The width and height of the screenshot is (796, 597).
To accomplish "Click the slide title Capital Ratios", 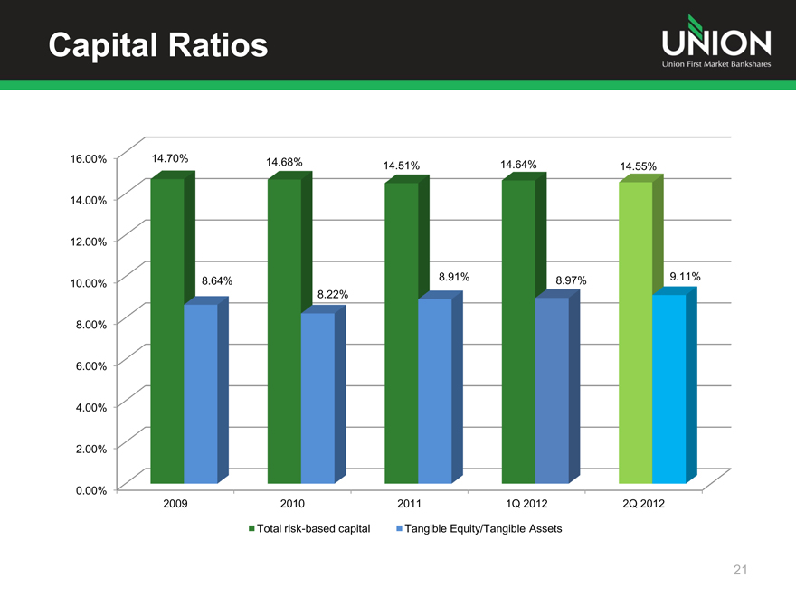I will click(x=158, y=44).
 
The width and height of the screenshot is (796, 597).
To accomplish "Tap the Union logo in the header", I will click(x=715, y=43).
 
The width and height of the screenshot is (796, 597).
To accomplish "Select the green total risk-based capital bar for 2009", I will click(x=167, y=330).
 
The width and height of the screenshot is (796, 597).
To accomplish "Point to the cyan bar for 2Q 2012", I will click(x=668, y=388).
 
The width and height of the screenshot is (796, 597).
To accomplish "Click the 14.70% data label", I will click(x=170, y=159).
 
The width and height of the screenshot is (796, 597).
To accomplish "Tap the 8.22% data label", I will click(x=333, y=295).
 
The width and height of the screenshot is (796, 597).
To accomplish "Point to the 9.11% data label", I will click(x=686, y=276).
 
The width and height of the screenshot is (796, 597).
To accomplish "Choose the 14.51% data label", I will click(x=402, y=166).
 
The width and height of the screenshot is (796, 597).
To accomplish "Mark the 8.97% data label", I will click(x=571, y=280).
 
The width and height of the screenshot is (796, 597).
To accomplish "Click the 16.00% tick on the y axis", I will click(x=89, y=158).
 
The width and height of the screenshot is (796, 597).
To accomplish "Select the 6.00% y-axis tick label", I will click(x=89, y=365).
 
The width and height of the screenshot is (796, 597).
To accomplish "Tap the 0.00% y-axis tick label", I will click(x=89, y=490).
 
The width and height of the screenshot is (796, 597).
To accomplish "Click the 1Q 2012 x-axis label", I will click(x=526, y=503).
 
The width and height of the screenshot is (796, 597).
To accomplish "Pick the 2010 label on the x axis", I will click(x=292, y=503).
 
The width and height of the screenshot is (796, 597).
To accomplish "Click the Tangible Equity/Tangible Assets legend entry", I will click(x=479, y=528).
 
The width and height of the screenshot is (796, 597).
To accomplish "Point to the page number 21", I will click(x=741, y=570).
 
